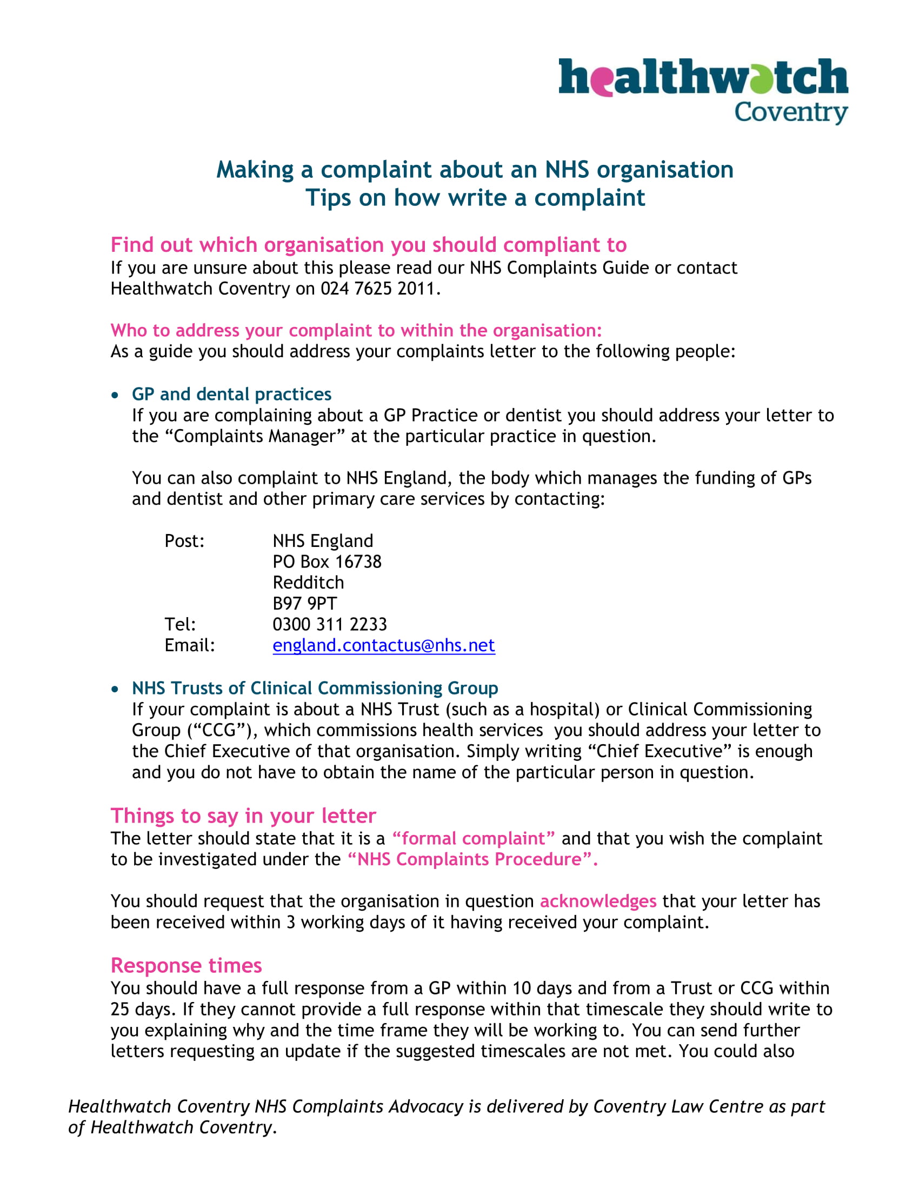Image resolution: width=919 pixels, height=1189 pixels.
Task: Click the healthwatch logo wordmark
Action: (702, 77)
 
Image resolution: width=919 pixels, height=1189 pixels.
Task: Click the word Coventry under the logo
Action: (790, 112)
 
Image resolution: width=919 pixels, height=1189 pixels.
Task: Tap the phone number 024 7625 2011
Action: (379, 289)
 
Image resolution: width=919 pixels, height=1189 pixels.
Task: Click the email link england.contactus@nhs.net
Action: (383, 645)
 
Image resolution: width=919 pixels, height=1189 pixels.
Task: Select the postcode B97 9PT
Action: (304, 603)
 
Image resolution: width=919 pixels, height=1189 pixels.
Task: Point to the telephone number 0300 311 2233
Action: (329, 624)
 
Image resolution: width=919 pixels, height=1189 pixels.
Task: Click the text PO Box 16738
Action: (327, 562)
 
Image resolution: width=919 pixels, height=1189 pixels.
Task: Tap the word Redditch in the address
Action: (308, 583)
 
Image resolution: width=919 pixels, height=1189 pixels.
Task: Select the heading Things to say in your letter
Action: (243, 816)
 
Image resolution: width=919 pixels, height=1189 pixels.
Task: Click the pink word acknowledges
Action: (597, 901)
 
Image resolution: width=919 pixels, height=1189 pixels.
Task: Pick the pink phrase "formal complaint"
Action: (473, 838)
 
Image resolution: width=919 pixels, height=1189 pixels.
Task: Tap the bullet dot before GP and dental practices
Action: (114, 395)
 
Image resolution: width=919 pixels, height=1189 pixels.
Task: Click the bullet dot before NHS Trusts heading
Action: (114, 689)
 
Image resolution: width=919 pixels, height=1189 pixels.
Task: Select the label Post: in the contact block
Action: (184, 541)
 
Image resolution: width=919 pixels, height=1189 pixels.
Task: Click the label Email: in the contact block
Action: (189, 645)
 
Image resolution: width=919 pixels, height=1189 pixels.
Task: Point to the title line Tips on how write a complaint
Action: (475, 198)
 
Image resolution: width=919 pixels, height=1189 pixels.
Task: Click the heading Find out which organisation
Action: (368, 245)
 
